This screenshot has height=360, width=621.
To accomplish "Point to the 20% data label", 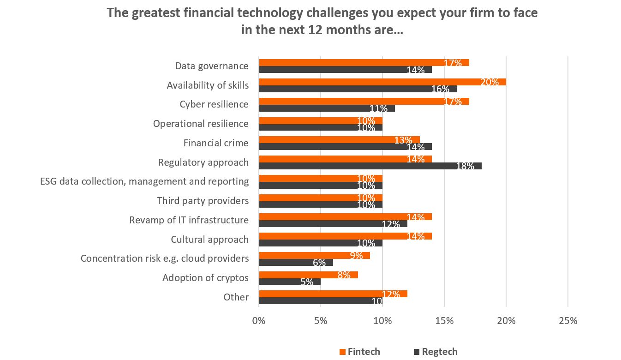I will (490, 82).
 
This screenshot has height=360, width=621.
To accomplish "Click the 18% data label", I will (465, 166).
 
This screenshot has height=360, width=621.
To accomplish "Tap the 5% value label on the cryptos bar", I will (307, 282).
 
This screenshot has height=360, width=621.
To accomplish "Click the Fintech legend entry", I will (364, 352).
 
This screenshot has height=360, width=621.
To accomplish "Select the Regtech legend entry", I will (439, 352).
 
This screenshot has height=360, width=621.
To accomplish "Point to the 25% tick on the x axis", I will (567, 321).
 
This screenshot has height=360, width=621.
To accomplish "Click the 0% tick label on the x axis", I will (259, 321).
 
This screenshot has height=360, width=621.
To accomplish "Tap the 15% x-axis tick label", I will (444, 321).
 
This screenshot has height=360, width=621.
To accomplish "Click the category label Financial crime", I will (215, 143).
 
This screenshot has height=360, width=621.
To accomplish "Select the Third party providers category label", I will (203, 201).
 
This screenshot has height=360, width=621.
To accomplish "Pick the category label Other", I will (236, 297).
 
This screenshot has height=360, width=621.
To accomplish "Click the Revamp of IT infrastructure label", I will (189, 220).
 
